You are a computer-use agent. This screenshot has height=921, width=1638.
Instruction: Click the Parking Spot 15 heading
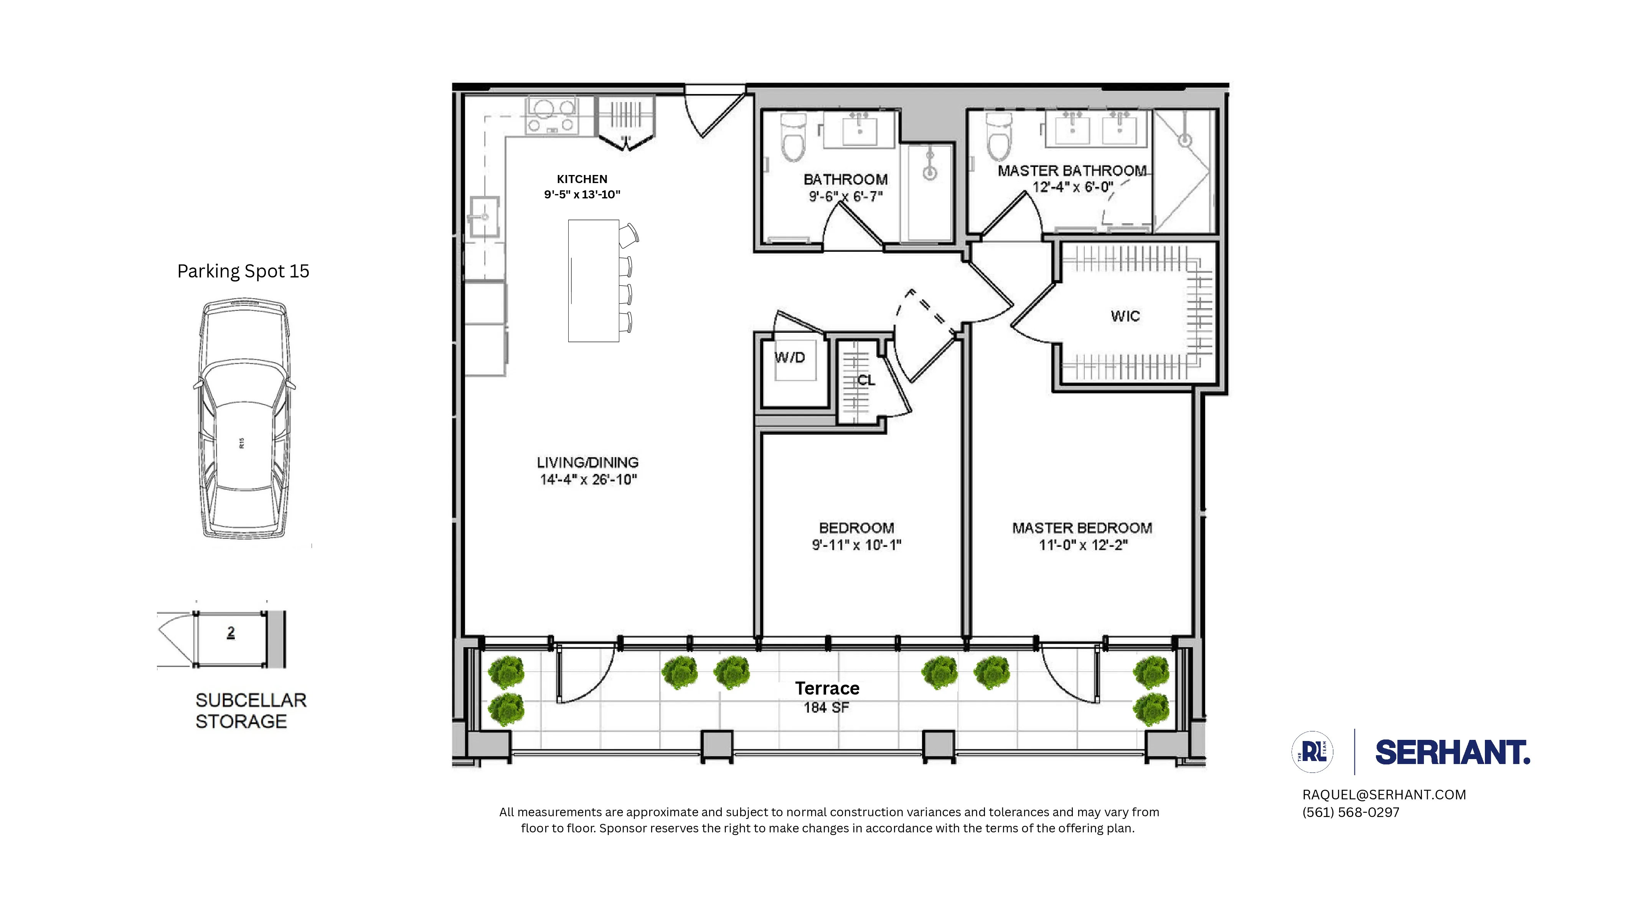243,272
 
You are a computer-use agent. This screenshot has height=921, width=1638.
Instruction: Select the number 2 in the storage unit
231,632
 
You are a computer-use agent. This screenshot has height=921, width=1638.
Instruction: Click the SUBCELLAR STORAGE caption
251,710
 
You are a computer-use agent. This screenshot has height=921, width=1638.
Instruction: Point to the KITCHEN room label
582,179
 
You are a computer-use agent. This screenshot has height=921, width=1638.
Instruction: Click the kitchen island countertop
593,281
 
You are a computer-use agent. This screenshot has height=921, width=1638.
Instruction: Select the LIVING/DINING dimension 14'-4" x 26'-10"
588,480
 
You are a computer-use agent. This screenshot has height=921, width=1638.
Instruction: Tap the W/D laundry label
790,357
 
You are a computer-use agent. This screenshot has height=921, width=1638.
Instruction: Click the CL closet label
866,380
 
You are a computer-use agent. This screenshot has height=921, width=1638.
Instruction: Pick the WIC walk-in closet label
1125,316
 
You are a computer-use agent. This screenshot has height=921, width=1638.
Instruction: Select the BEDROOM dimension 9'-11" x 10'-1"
856,545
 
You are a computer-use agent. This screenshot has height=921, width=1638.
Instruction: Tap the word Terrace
826,688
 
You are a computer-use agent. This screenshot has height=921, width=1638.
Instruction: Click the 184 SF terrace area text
826,707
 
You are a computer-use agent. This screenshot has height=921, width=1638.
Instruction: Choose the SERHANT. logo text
1452,753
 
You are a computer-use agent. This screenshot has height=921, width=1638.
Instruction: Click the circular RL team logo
1313,753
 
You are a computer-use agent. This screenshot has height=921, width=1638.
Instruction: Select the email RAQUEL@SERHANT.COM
1384,794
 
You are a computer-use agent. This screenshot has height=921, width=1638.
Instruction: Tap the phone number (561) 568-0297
1351,812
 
